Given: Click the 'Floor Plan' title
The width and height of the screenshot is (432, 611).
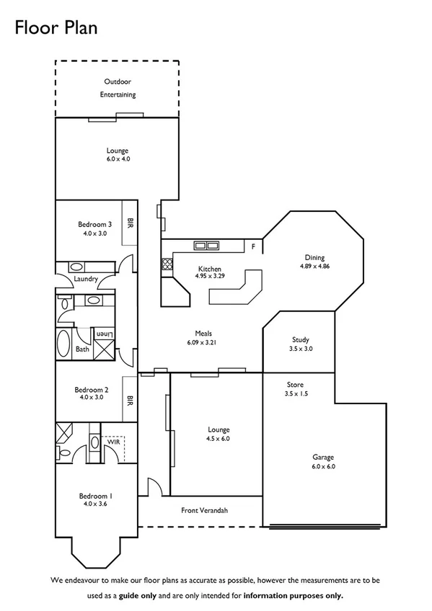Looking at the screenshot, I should [x=55, y=27].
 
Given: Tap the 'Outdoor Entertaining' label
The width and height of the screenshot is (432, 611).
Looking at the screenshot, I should [x=118, y=88].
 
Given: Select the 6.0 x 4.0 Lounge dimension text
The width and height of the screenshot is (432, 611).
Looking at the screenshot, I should [x=118, y=159].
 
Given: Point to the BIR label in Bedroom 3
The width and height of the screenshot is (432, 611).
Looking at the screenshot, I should [x=131, y=223].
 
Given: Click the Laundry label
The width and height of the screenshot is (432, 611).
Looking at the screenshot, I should [x=87, y=279].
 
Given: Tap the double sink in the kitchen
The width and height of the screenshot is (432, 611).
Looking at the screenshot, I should [x=206, y=246].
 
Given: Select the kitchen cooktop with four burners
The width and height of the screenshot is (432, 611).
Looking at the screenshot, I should [x=167, y=264].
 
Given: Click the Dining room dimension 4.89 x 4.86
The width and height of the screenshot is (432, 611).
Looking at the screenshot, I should [x=314, y=266].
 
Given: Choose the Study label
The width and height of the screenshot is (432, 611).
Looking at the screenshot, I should [x=301, y=339].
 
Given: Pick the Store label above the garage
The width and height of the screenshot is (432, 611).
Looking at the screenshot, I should [x=294, y=385].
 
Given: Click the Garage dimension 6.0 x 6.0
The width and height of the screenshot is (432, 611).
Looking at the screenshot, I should [x=323, y=466].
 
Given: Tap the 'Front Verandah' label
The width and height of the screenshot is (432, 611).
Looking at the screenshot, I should [x=204, y=510].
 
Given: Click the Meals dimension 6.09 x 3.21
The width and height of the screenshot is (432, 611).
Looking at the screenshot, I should [x=203, y=342].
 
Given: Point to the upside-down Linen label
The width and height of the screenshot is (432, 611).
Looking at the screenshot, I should [x=105, y=334].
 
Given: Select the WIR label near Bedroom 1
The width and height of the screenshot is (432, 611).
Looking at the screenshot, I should [x=113, y=441].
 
